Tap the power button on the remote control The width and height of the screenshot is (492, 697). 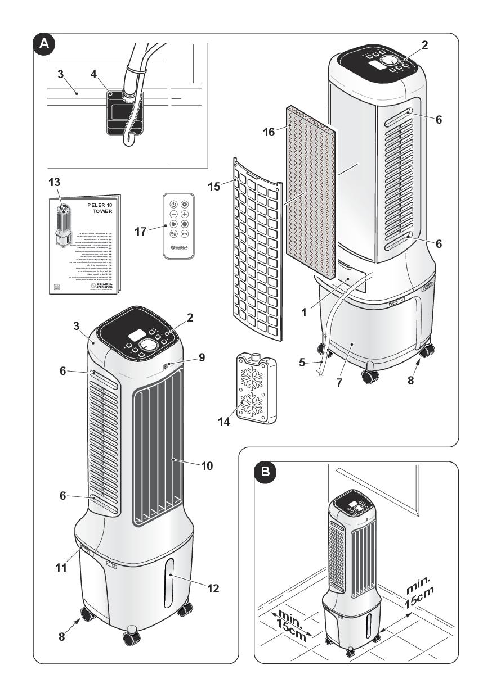[x=174, y=205]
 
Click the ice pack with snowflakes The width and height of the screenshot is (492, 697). [x=256, y=387]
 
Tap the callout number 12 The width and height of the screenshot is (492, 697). [x=213, y=589]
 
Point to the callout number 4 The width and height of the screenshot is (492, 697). [x=93, y=73]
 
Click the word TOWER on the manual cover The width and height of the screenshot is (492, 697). [x=102, y=212]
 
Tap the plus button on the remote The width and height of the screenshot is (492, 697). [x=184, y=215]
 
